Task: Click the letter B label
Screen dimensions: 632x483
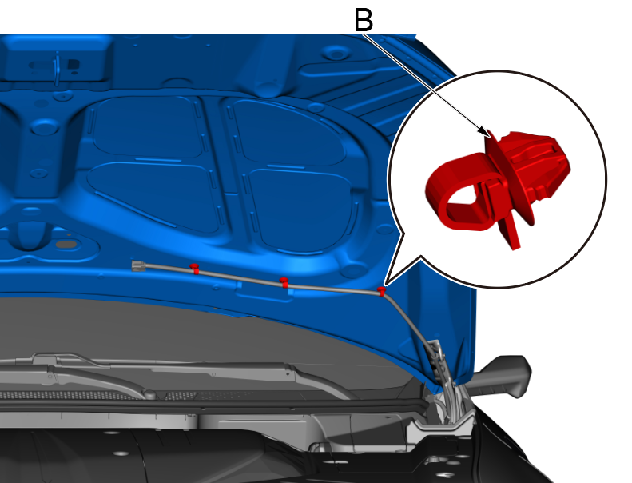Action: tap(364, 20)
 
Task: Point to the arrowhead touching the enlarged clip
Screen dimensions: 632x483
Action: tap(484, 132)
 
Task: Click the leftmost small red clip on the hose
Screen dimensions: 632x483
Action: tap(195, 268)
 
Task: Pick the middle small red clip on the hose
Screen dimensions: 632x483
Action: tap(284, 282)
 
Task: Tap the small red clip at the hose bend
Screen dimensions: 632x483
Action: tap(381, 290)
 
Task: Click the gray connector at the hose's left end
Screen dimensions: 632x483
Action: tap(138, 266)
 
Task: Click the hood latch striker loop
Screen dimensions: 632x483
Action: tap(58, 69)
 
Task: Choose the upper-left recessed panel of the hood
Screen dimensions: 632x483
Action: tap(148, 127)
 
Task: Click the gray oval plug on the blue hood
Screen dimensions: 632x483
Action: tap(66, 245)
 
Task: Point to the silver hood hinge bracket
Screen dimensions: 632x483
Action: tap(443, 387)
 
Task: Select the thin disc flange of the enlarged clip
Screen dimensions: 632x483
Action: tap(509, 178)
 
